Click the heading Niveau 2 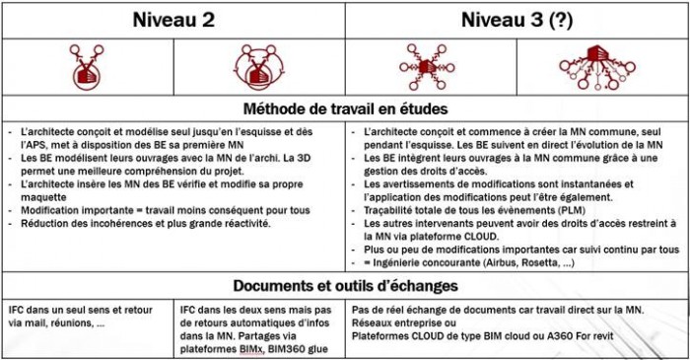172,19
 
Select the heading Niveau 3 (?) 514,19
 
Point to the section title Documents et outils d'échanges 345,286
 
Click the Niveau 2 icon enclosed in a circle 258,66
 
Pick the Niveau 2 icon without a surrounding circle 88,66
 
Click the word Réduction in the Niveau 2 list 39,225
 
